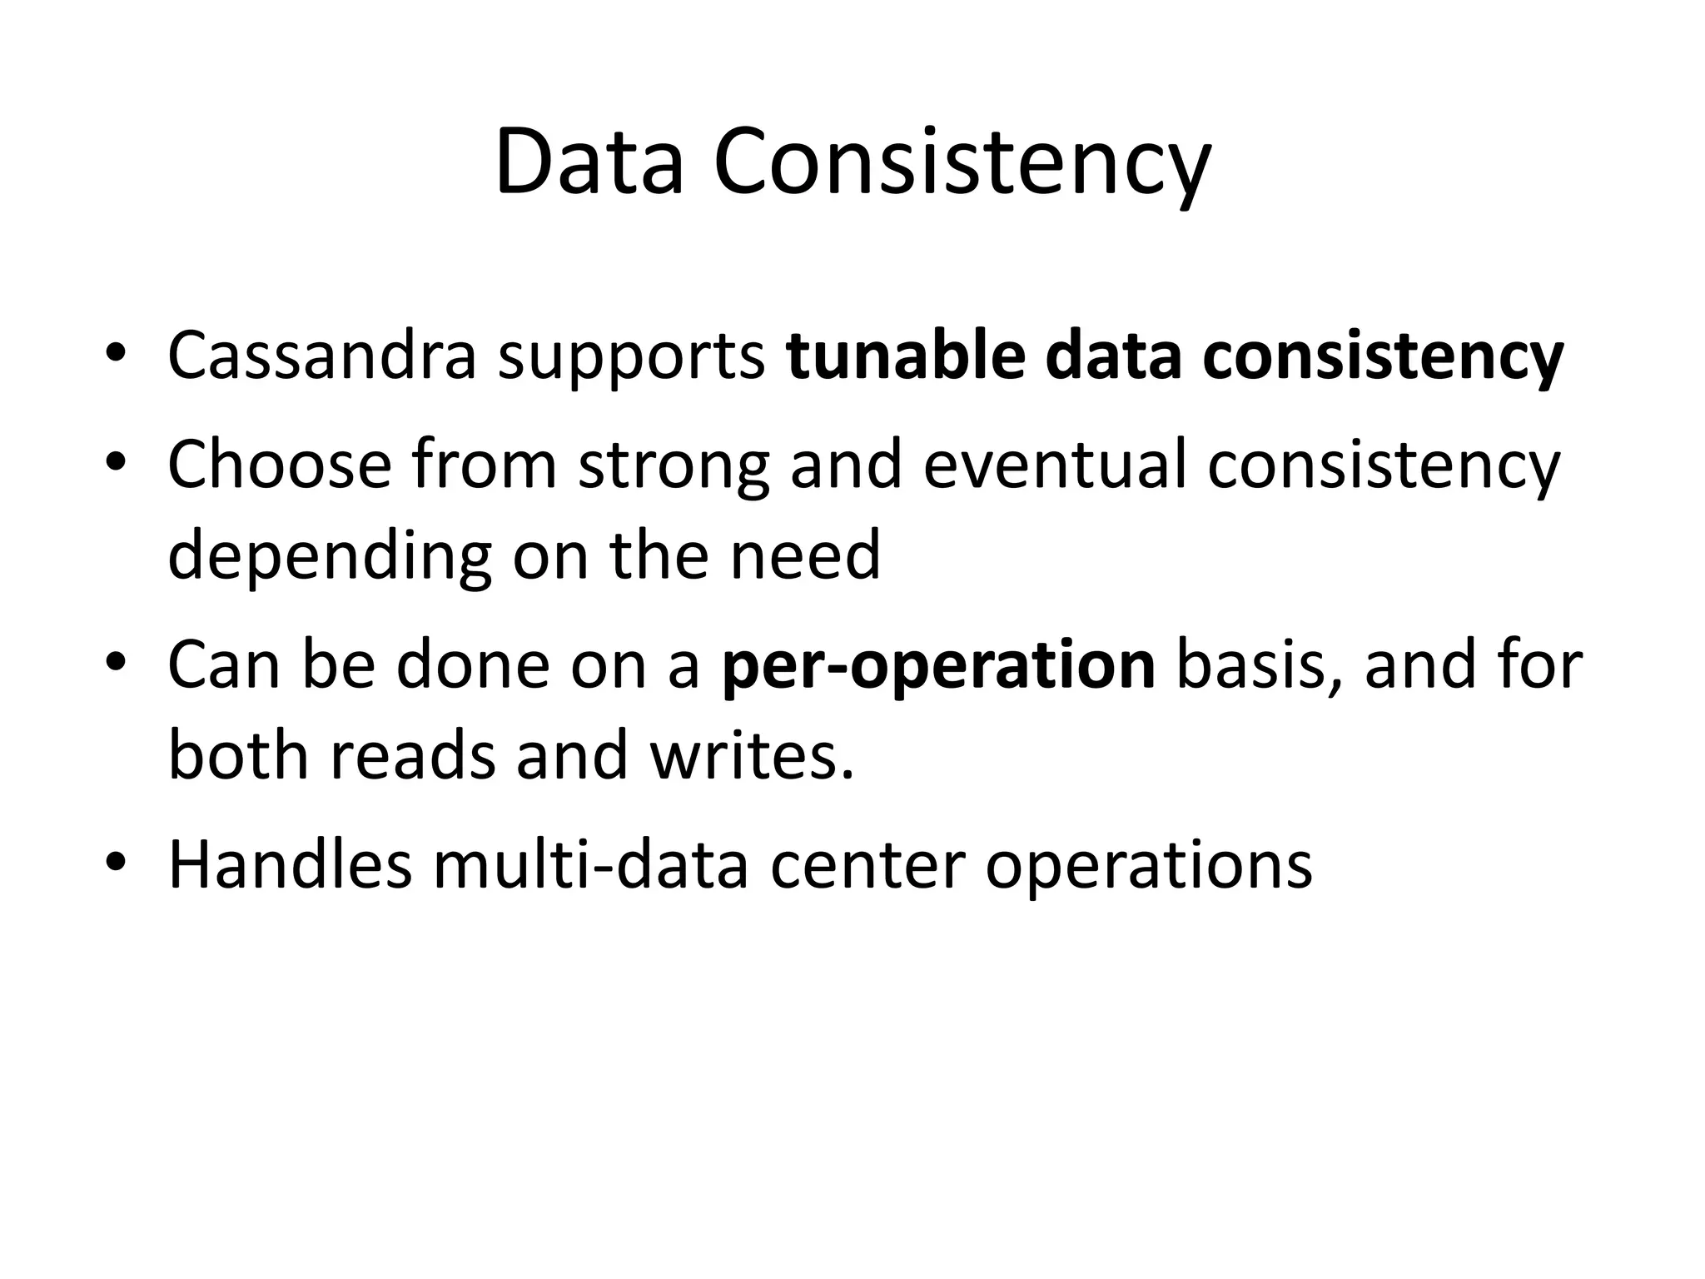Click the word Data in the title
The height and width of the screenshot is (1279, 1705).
589,162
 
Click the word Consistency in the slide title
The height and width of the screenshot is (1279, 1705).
962,162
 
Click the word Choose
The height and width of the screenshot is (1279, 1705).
279,465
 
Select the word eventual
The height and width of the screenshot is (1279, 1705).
1055,465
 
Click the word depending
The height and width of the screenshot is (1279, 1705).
330,556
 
